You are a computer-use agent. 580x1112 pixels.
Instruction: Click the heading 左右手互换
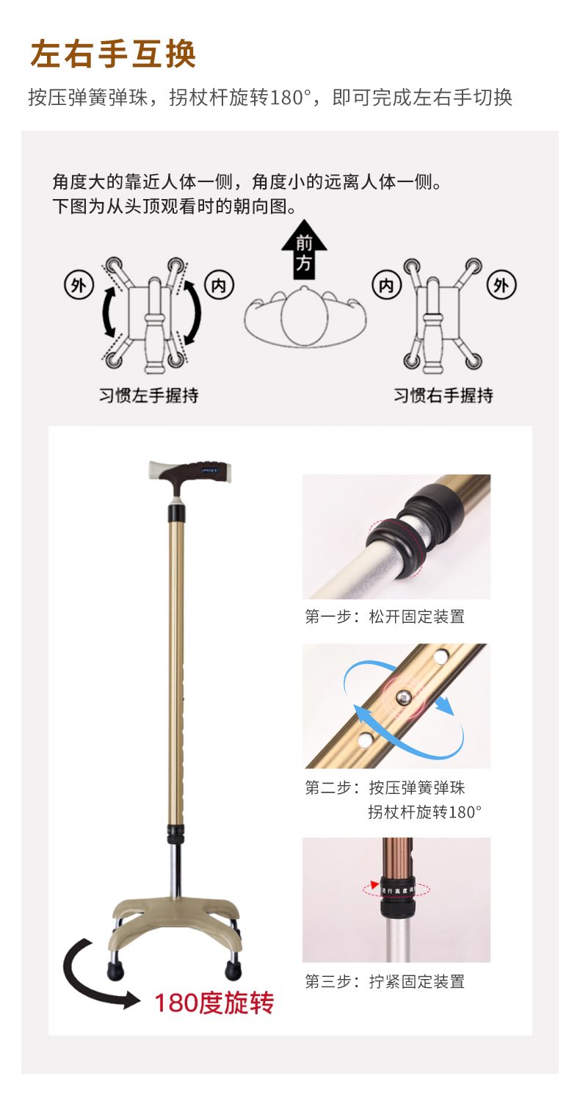(x=113, y=54)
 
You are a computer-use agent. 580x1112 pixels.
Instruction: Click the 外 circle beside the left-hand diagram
(x=79, y=286)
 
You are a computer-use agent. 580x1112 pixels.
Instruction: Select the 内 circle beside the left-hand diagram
(x=219, y=286)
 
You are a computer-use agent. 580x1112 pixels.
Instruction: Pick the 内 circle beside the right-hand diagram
(x=386, y=286)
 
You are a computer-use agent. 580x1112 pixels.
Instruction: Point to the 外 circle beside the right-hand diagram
(x=501, y=286)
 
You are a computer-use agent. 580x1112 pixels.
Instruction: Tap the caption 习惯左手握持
(x=148, y=396)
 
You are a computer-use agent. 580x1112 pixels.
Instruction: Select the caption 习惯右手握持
(x=443, y=396)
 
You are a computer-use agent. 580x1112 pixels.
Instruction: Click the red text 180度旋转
(x=214, y=1003)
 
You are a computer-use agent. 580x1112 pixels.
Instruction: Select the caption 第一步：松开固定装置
(x=385, y=616)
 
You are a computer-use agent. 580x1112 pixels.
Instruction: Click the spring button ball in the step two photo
(x=403, y=697)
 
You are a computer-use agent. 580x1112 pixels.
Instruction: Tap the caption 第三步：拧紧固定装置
(x=385, y=981)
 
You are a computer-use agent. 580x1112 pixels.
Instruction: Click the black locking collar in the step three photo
(x=397, y=897)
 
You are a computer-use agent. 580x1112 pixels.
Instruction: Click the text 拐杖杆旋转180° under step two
(x=424, y=812)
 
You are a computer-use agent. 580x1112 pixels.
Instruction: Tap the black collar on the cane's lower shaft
(x=175, y=834)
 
